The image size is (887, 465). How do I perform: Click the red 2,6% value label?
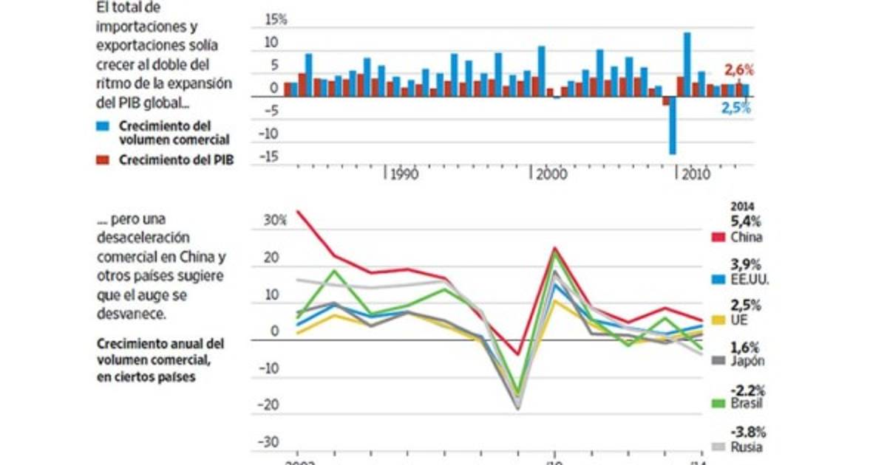click(x=738, y=71)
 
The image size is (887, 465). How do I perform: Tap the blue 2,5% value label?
click(x=736, y=108)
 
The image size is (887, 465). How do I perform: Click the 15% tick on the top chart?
click(x=276, y=20)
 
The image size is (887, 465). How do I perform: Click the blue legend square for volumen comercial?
click(x=103, y=125)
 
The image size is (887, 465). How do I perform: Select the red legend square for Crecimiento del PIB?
click(x=103, y=162)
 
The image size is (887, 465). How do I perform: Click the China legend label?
click(x=747, y=237)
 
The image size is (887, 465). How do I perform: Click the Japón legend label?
click(x=748, y=361)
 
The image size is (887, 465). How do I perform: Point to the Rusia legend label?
click(x=747, y=446)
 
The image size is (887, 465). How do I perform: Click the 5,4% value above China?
click(x=746, y=221)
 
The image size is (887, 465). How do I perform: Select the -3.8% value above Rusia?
click(x=749, y=432)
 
